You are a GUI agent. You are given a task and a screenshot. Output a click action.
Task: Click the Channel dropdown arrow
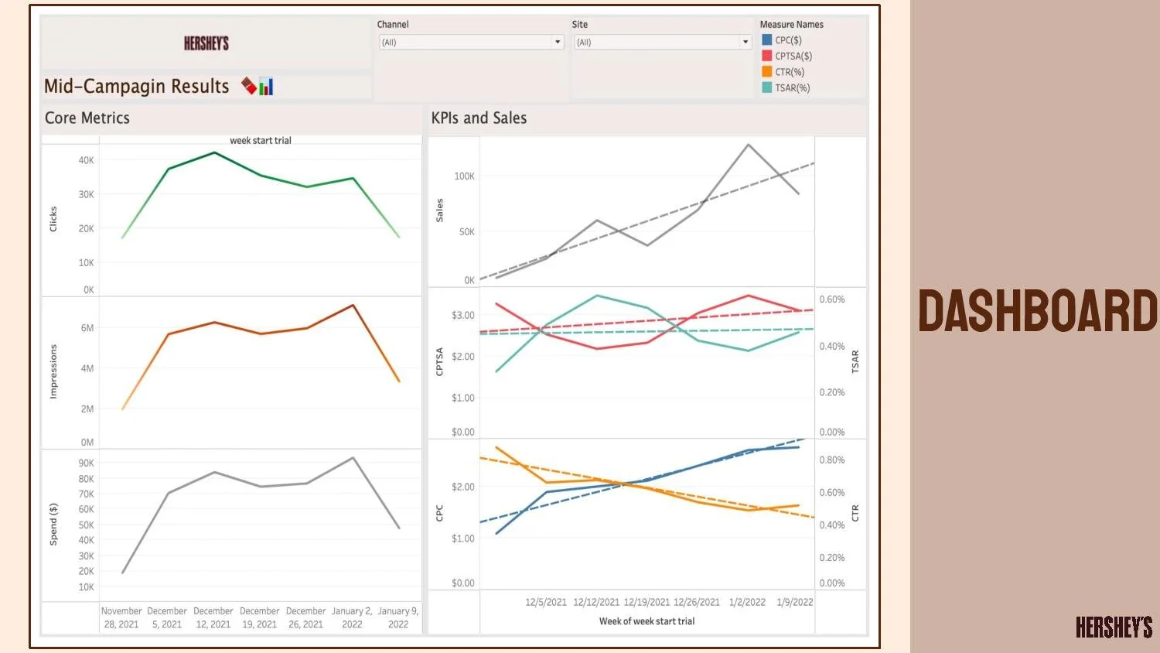coord(558,43)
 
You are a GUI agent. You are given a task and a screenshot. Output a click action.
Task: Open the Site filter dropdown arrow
coord(745,43)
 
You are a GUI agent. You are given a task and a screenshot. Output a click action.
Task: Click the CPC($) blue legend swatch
coord(766,39)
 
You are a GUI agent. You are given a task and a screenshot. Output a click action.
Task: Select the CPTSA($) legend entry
coord(793,56)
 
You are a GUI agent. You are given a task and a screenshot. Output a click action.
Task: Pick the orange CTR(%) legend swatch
coord(766,72)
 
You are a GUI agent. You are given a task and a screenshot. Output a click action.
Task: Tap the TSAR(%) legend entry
coord(792,88)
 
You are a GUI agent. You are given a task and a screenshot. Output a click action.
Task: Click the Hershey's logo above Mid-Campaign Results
coord(206,43)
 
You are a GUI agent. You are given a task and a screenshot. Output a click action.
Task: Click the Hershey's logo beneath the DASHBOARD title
coord(1114,627)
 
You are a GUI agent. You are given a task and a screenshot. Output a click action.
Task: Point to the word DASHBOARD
coord(1038,311)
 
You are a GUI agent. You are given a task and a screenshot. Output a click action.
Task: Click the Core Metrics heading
coord(87,118)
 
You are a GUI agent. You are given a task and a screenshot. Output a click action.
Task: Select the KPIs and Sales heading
coord(479,118)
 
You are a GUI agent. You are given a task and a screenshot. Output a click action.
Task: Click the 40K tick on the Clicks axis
coord(86,160)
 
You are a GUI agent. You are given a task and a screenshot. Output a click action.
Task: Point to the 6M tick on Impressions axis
coord(87,328)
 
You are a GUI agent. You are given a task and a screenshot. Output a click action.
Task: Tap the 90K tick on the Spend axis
coord(86,463)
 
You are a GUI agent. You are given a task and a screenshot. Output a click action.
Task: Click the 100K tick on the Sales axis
coord(464,176)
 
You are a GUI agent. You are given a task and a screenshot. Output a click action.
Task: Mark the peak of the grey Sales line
coord(748,145)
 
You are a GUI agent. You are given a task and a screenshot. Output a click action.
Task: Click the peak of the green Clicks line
coord(214,152)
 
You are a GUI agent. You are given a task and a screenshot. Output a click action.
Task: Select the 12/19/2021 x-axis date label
coord(647,602)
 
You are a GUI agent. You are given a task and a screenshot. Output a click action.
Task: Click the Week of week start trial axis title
coord(647,621)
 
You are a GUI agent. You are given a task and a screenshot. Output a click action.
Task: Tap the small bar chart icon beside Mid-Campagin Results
coord(266,87)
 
